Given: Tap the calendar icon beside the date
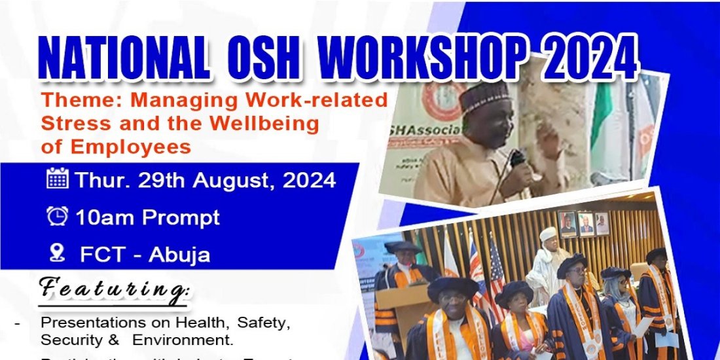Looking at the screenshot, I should click(58, 179).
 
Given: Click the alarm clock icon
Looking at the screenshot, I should click(58, 216).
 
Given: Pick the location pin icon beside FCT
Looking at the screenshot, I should click(58, 253).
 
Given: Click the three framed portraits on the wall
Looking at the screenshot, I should click(585, 223).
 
